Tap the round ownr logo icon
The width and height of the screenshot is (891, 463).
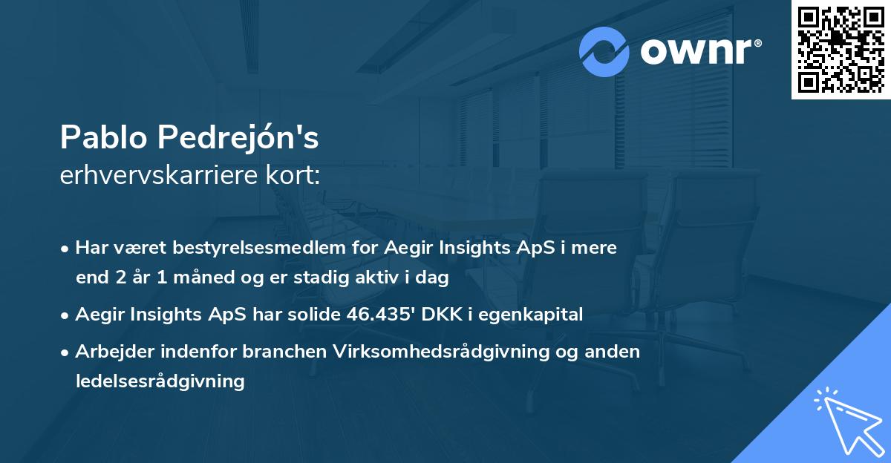[x=604, y=52]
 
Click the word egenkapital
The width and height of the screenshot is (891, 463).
[x=531, y=315]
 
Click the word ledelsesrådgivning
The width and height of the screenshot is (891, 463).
[x=160, y=381]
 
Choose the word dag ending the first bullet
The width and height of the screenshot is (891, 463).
[x=434, y=278]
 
